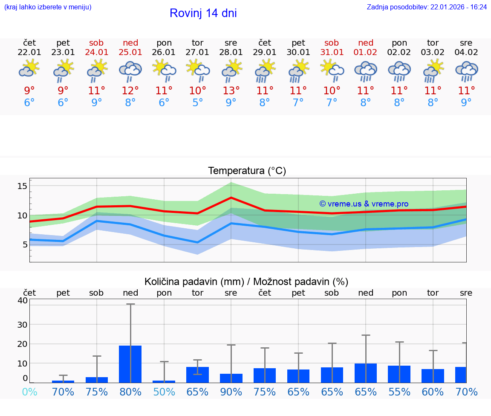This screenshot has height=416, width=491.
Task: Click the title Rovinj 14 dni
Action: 203,13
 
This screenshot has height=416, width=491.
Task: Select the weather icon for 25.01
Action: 130,71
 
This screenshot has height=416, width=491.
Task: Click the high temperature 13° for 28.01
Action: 231,90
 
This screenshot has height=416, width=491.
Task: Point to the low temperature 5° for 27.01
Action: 197,102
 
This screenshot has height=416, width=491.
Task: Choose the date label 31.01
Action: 332,52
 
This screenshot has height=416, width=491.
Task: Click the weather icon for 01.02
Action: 365,71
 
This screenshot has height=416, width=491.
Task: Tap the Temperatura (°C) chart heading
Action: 247,171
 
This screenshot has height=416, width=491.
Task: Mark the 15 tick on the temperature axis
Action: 22,186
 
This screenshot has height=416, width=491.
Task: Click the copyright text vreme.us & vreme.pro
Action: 364,204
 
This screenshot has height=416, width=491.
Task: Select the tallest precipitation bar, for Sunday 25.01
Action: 130,364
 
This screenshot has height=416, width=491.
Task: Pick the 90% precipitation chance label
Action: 231,392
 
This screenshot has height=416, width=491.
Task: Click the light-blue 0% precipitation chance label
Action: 29,392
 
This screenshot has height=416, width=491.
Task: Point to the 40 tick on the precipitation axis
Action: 22,300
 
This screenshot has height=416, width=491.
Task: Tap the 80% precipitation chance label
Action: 130,392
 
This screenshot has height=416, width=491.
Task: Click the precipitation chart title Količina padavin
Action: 246,282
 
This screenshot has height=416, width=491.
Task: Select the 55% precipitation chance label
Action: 399,392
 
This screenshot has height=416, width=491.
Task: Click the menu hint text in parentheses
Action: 47,7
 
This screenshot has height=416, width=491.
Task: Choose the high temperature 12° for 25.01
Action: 130,90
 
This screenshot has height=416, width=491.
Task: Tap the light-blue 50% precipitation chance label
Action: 164,392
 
